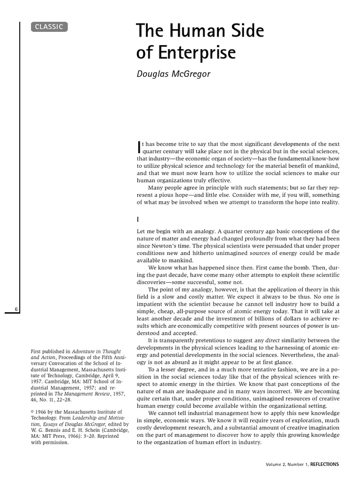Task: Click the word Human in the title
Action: click(x=191, y=31)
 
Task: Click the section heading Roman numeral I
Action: click(x=138, y=219)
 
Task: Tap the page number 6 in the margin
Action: click(x=16, y=309)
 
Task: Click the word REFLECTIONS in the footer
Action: click(x=323, y=465)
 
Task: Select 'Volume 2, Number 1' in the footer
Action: click(x=285, y=465)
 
